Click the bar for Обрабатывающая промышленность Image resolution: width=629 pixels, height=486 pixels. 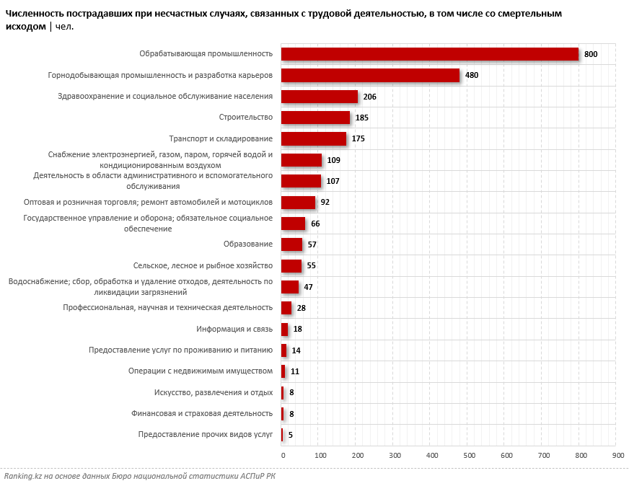pyautogui.click(x=429, y=54)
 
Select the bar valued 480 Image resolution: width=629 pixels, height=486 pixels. pyautogui.click(x=370, y=75)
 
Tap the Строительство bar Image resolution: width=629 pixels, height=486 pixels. pyautogui.click(x=315, y=118)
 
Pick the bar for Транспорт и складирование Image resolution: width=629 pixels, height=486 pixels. pyautogui.click(x=313, y=138)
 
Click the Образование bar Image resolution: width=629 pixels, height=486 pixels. pyautogui.click(x=291, y=244)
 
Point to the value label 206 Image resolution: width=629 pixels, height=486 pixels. pyautogui.click(x=370, y=97)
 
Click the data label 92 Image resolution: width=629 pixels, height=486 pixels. pyautogui.click(x=325, y=202)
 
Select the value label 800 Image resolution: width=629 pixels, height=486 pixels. pyautogui.click(x=591, y=54)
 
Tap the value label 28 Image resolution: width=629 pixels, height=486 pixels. pyautogui.click(x=302, y=308)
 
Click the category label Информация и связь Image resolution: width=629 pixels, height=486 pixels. pyautogui.click(x=234, y=329)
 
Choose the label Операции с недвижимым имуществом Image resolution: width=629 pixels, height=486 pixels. pyautogui.click(x=201, y=371)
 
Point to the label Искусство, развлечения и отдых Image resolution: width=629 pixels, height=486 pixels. pyautogui.click(x=214, y=392)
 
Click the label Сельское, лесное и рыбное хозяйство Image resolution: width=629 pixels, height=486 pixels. pyautogui.click(x=203, y=265)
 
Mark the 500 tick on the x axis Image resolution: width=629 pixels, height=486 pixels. pyautogui.click(x=470, y=456)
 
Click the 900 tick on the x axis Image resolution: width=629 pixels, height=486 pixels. pyautogui.click(x=618, y=456)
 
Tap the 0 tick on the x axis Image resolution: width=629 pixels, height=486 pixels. pyautogui.click(x=283, y=456)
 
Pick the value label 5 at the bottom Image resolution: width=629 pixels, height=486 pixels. pyautogui.click(x=291, y=435)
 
